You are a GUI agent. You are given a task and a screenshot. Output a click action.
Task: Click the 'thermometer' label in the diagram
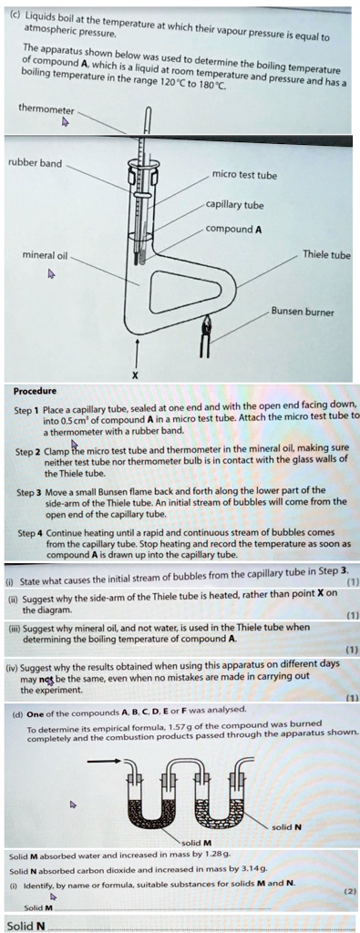tap(46, 110)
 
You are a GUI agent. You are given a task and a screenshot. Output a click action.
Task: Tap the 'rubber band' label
tap(35, 163)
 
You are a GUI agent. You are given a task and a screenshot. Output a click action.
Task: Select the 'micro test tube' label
tap(244, 176)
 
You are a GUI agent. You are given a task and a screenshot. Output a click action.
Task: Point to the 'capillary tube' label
tap(234, 205)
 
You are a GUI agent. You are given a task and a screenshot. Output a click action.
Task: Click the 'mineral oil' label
tap(45, 256)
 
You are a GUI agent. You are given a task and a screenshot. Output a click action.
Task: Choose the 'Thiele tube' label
tap(326, 255)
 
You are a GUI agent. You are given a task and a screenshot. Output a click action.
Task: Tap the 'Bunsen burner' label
tap(303, 312)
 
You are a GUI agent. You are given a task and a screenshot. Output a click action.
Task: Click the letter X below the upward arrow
tap(135, 375)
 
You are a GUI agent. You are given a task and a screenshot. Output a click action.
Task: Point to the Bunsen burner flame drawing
tap(205, 324)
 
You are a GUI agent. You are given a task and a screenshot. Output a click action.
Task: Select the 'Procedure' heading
tap(36, 391)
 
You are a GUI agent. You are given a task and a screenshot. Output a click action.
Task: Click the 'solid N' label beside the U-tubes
tap(286, 827)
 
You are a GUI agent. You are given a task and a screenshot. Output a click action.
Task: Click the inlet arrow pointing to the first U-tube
tap(108, 762)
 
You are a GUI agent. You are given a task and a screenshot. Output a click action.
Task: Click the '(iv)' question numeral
tap(12, 663)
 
